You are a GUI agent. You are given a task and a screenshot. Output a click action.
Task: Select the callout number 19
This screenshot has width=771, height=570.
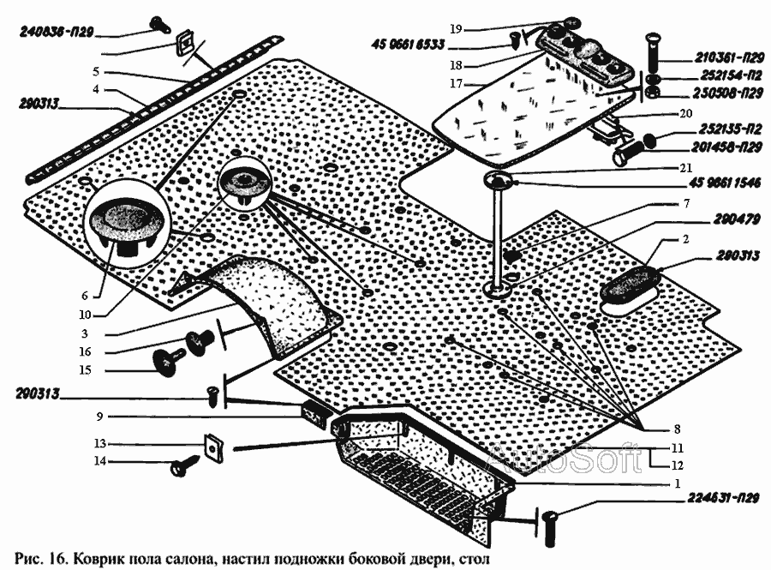point(457,28)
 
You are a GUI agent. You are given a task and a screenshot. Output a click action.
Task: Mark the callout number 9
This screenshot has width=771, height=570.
point(99,417)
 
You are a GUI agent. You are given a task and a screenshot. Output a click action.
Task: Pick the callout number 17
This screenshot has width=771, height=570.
point(456,84)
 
